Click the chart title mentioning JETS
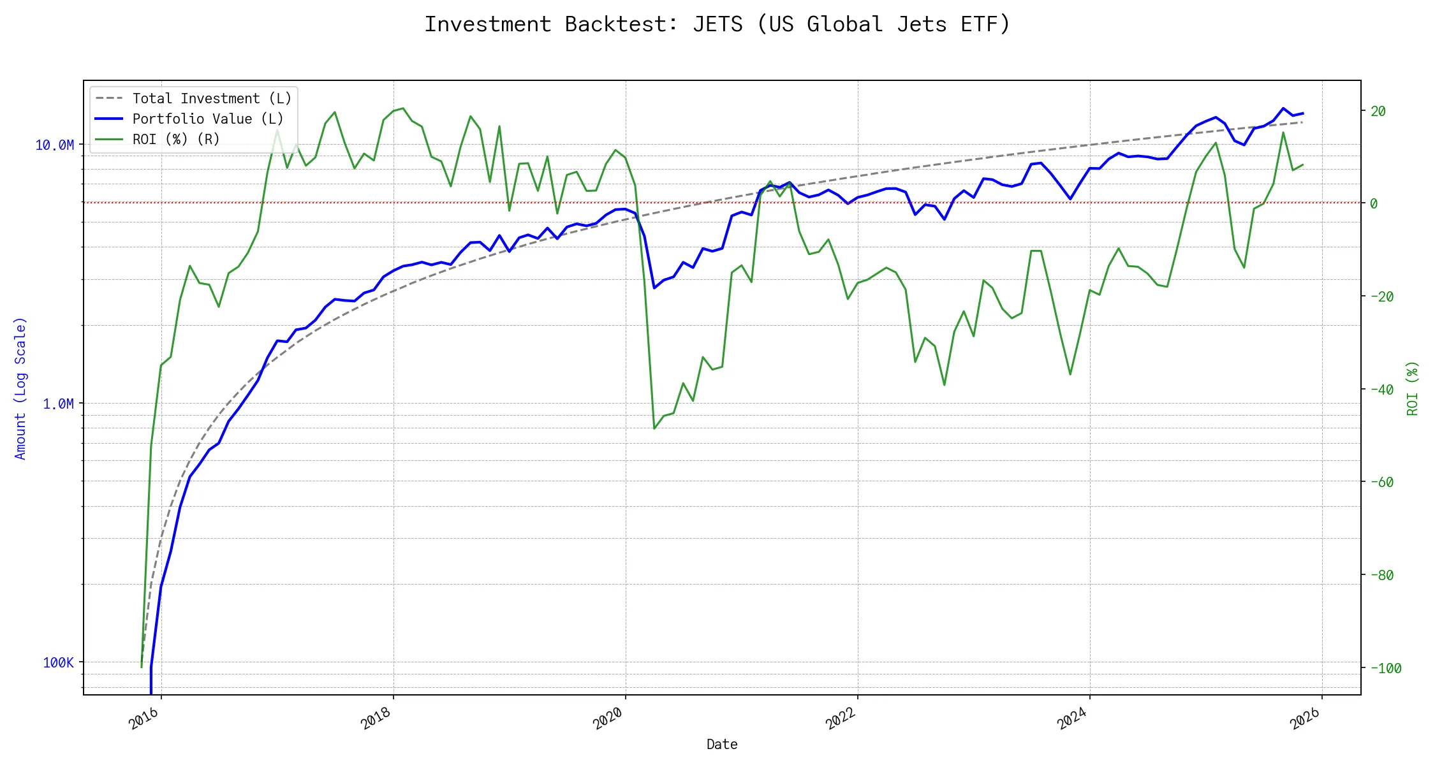(717, 24)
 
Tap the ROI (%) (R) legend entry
(176, 140)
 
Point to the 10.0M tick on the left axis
(55, 145)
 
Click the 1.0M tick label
(59, 404)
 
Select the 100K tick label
(59, 663)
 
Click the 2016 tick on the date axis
(144, 718)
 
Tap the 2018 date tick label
(376, 718)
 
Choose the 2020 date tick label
(608, 718)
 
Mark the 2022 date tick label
(841, 718)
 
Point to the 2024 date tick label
(1073, 718)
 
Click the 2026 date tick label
(1305, 718)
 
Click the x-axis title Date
(722, 745)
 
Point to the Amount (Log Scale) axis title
(20, 388)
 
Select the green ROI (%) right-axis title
(1413, 388)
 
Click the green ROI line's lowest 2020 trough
(654, 428)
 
